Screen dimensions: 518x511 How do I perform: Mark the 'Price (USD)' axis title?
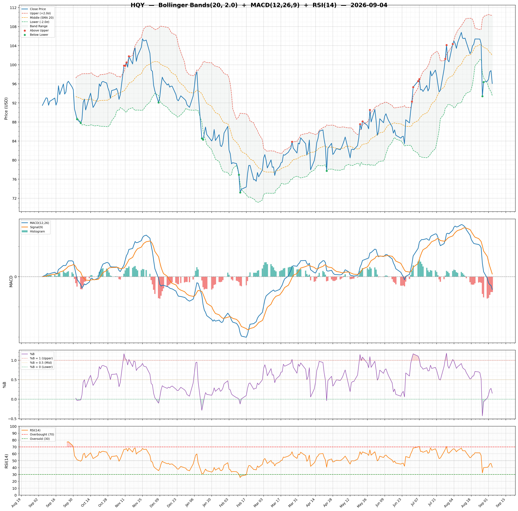[x=6, y=109]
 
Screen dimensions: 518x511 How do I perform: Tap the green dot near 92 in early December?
[x=158, y=102]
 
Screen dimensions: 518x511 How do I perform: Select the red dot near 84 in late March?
[x=292, y=142]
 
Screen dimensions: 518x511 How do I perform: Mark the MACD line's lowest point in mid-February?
[x=246, y=337]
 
